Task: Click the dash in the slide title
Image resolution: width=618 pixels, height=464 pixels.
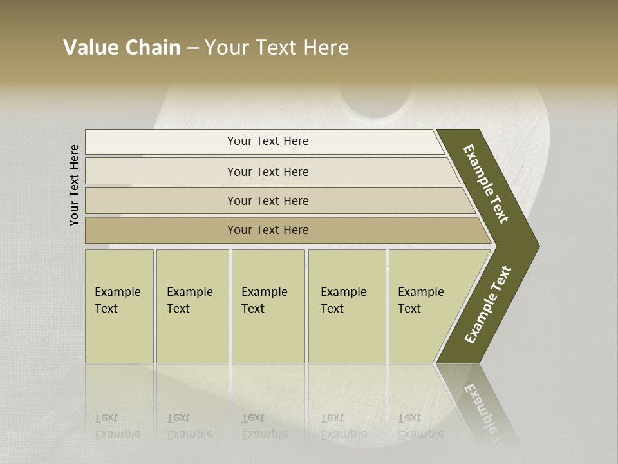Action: pos(192,48)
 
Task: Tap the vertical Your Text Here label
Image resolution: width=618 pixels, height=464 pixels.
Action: pos(75,185)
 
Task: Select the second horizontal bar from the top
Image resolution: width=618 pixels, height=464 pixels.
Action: pos(267,171)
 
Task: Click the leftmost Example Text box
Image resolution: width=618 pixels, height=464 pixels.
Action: pos(119,306)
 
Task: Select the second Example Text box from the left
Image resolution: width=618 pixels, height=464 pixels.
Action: pos(192,306)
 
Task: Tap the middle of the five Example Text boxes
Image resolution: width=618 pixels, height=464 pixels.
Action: pos(268,306)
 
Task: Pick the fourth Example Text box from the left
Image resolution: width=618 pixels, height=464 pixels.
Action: pos(347,306)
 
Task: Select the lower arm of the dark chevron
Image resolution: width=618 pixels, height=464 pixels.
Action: pos(488,304)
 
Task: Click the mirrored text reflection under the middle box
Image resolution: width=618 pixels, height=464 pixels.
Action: pos(264,426)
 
